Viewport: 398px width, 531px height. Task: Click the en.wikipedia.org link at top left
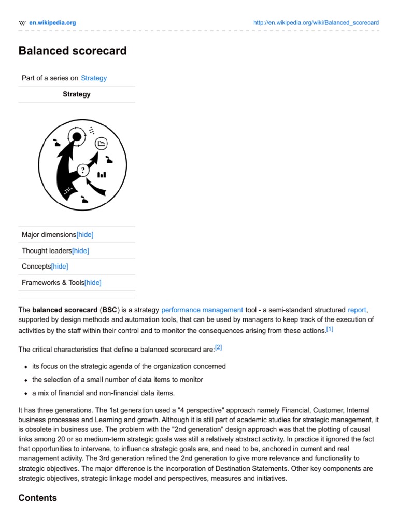(52, 23)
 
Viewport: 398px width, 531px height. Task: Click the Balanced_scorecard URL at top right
(316, 23)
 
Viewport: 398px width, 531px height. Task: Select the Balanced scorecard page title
(73, 51)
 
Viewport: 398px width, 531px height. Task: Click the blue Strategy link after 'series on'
(94, 78)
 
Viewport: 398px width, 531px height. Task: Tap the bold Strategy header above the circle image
(77, 94)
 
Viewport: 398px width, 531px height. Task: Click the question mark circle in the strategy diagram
(83, 170)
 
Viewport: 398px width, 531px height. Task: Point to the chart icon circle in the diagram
(102, 143)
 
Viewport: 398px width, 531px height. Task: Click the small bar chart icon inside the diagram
(102, 175)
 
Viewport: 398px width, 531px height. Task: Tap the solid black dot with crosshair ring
(77, 137)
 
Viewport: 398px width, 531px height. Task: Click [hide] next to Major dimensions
(85, 235)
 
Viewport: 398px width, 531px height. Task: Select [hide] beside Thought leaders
(80, 251)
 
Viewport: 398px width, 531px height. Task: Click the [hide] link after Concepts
(60, 267)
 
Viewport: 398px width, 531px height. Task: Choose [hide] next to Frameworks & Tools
(93, 283)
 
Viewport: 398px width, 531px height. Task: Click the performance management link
(202, 310)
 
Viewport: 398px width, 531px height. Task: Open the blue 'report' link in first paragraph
(357, 310)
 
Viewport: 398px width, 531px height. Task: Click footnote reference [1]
(330, 329)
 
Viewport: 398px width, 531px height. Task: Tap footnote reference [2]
(218, 347)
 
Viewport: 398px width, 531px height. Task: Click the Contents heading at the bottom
(37, 498)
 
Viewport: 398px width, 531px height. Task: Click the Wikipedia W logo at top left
(22, 23)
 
